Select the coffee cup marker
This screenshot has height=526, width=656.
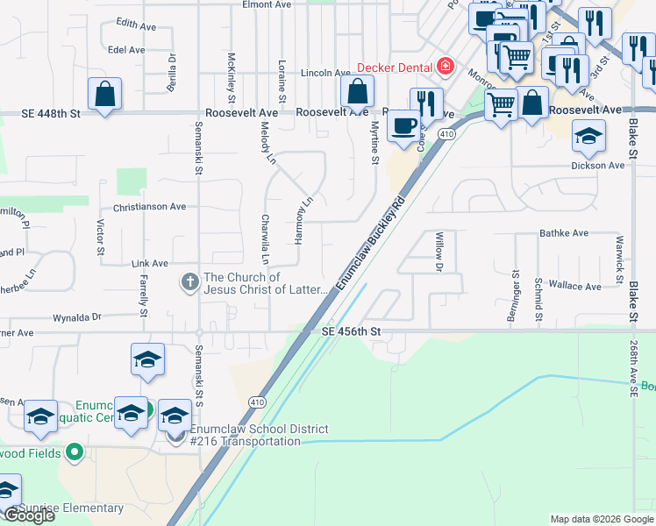click(403, 125)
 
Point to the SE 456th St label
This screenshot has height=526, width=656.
click(351, 331)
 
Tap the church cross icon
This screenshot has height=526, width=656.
click(189, 282)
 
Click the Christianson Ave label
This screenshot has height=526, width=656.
click(149, 207)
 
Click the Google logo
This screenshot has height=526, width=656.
click(28, 515)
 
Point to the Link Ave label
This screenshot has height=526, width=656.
click(149, 263)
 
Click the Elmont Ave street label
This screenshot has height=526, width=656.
click(267, 4)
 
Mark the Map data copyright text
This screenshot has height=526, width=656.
click(601, 519)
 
